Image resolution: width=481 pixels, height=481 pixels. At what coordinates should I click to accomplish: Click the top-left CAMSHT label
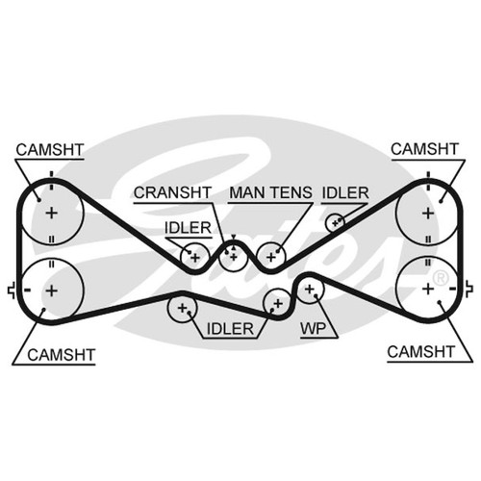pos(50,150)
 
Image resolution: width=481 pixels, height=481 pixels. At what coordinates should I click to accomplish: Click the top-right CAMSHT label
pos(424,149)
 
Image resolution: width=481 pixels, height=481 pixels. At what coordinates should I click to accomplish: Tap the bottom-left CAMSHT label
pos(62,355)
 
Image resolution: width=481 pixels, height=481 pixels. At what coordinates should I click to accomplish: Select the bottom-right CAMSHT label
pos(421,352)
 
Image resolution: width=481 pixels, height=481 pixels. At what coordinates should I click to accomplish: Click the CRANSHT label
pos(172,192)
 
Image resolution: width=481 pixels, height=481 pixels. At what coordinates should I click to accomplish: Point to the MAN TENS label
pos(270,192)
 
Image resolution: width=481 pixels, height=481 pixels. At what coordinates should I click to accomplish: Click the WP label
pos(313,328)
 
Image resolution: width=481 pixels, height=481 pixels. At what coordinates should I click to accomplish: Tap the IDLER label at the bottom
pos(230,329)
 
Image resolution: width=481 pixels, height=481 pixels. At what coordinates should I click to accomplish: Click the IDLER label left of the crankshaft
pos(188,228)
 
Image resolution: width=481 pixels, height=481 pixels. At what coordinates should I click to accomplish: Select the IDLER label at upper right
pos(345,192)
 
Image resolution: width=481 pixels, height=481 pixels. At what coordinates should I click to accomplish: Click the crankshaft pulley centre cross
pos(234,257)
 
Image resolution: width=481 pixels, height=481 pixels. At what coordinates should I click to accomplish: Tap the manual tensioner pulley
pos(271,257)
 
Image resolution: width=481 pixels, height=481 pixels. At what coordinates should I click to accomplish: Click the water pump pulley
pos(310,289)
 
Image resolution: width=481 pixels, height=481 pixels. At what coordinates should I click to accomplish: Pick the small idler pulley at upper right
pos(335,222)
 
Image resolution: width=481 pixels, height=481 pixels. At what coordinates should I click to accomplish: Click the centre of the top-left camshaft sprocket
pos(51,213)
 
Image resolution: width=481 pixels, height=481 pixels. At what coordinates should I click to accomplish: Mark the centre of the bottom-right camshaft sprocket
pos(428,289)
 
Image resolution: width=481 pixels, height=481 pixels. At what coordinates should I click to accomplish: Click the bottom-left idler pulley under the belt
pos(182,308)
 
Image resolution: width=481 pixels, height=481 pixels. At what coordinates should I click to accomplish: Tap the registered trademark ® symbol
pos(441,278)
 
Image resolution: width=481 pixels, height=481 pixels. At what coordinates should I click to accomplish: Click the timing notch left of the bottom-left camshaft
pos(12,291)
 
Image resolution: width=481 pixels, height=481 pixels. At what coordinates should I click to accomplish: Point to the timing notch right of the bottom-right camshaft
pos(468,289)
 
